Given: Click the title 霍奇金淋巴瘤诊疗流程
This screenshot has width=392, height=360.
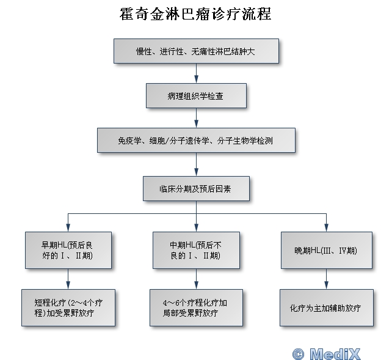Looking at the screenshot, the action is point(195,14).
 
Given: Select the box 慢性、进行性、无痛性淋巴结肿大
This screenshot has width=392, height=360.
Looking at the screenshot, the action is point(196,51).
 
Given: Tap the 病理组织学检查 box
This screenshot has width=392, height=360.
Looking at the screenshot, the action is point(196,96).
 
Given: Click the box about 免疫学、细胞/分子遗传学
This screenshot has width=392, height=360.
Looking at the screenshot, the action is point(196,141).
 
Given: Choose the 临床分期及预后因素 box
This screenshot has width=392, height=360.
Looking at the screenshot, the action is point(196,189).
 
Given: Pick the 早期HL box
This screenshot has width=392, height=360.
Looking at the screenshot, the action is point(68,250).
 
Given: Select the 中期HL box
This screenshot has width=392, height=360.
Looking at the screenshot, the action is point(196,250).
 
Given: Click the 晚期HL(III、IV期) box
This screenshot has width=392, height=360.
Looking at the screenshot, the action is point(327,250).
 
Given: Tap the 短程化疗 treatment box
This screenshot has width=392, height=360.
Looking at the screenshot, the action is point(68,307).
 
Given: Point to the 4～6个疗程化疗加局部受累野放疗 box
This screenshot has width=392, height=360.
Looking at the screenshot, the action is point(196,307).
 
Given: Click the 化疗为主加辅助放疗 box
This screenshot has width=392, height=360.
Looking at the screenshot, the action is point(327,307).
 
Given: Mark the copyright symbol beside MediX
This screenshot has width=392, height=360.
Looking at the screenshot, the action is point(298,354).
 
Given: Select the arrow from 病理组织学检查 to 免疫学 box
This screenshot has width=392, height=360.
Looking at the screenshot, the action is point(196,118).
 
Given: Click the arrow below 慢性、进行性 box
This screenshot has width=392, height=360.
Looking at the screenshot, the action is point(196,73).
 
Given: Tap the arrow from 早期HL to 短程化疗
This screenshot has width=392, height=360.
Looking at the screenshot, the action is point(68,279).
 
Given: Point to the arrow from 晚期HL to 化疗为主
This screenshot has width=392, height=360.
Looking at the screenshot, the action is point(327,279).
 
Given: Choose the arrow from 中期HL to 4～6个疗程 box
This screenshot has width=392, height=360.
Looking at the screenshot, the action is point(196,279).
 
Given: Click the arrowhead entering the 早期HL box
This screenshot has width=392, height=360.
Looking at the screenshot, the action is point(68,227).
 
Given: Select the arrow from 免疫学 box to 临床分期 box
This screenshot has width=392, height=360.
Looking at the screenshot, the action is point(196,164).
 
